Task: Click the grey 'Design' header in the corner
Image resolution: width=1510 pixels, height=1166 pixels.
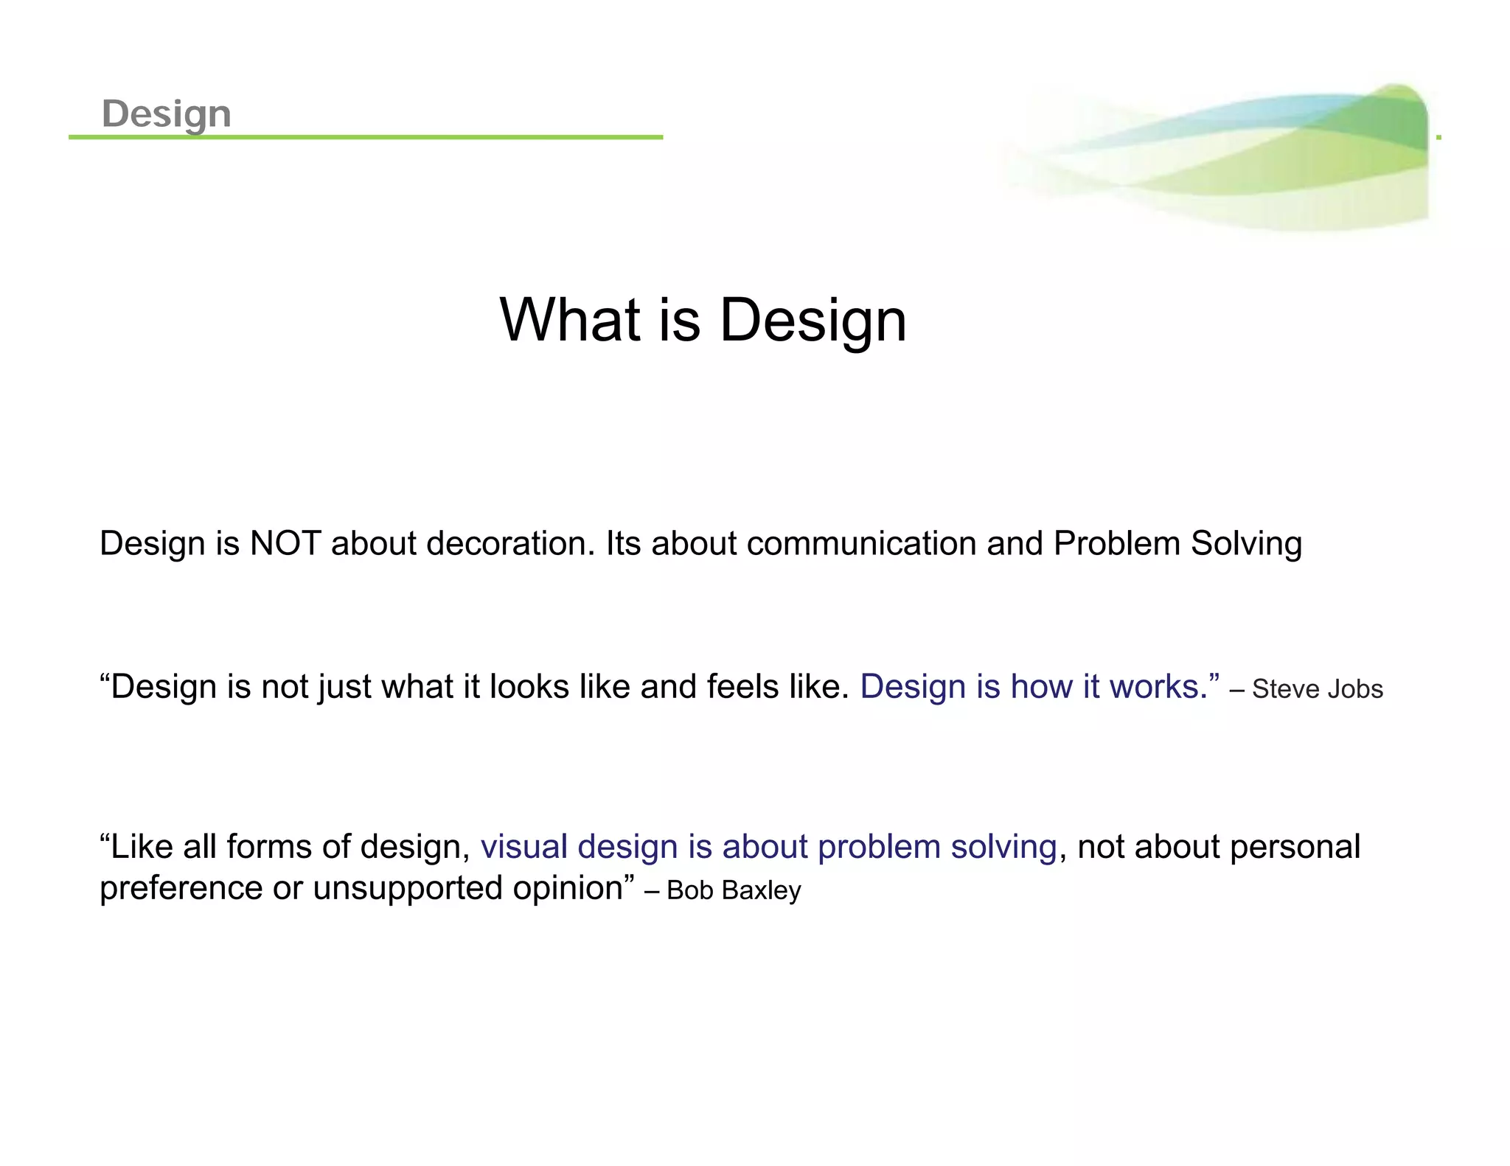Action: tap(167, 114)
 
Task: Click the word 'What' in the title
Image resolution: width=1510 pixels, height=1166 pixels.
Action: tap(570, 320)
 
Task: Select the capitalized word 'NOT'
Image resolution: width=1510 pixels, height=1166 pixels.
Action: tap(285, 544)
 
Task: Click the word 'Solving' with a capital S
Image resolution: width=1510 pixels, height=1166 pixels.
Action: tap(1246, 544)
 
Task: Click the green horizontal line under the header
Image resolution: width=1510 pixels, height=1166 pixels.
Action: tap(366, 137)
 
